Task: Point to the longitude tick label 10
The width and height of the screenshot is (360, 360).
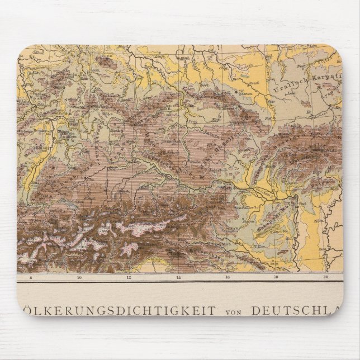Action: tap(79, 277)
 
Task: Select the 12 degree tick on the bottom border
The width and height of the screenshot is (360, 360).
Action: tap(129, 277)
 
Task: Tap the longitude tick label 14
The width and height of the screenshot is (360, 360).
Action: tap(178, 277)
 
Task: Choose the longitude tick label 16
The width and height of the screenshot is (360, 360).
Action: tap(228, 277)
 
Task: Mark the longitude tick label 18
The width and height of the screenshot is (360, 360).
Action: tap(277, 277)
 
